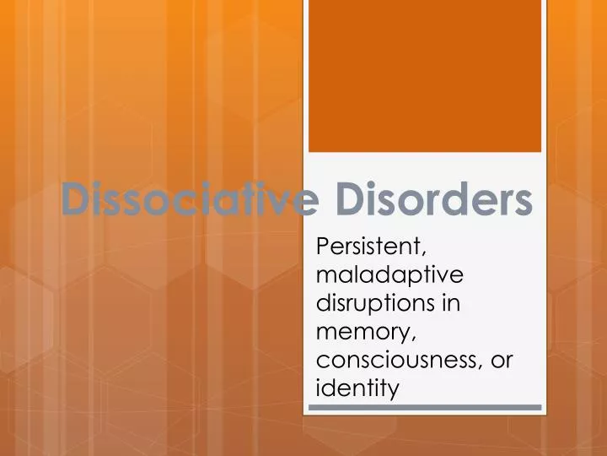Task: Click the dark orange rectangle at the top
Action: pos(424,76)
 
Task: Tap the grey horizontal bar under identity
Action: pos(425,408)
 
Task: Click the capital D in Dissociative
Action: pos(77,200)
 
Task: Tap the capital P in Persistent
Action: pos(320,247)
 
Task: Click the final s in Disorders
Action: pos(523,203)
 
